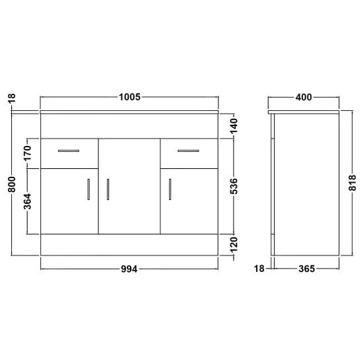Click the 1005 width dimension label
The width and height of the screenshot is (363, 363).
(x=129, y=97)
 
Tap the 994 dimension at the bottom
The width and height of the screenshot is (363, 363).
(x=129, y=269)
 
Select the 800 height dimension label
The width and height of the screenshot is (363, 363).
(x=12, y=184)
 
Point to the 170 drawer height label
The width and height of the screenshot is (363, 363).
(x=27, y=153)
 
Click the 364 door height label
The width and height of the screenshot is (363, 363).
(x=27, y=201)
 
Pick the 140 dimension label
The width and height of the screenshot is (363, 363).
(x=234, y=125)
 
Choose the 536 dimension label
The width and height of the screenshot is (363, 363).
(x=234, y=186)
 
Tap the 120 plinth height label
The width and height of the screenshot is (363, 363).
(x=234, y=244)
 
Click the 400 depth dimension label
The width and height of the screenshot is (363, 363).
(x=304, y=97)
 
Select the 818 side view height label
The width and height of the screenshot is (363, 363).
(x=352, y=183)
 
